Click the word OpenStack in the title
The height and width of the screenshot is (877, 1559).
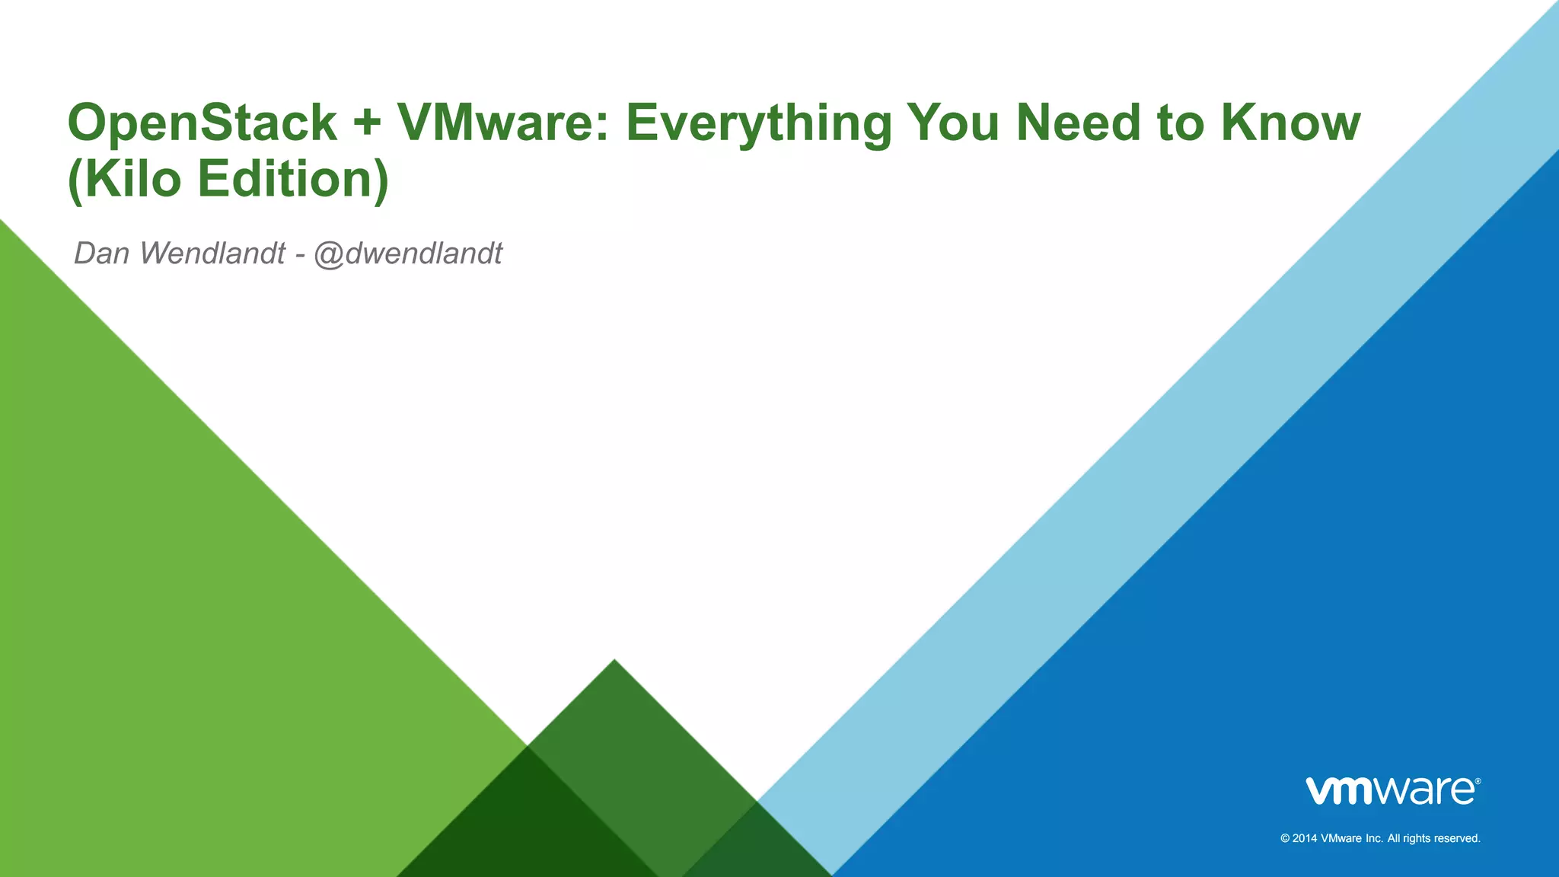(202, 123)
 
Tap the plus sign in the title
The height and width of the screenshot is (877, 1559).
(366, 124)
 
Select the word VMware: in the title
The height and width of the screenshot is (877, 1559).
(503, 123)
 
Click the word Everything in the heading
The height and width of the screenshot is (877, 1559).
(758, 124)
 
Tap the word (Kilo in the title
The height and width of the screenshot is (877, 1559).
(125, 180)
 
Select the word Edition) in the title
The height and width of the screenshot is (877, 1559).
(293, 180)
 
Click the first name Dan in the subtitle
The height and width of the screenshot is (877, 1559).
(102, 254)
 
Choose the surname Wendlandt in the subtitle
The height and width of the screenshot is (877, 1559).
(212, 254)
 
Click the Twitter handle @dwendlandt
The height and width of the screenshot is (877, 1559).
(408, 254)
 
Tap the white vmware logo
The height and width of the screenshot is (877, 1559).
(1389, 791)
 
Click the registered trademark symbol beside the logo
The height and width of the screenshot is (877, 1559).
(1478, 781)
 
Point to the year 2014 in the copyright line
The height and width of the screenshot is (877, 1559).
(1304, 838)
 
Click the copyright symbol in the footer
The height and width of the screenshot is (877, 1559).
(1285, 838)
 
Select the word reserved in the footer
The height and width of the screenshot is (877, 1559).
(1455, 838)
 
